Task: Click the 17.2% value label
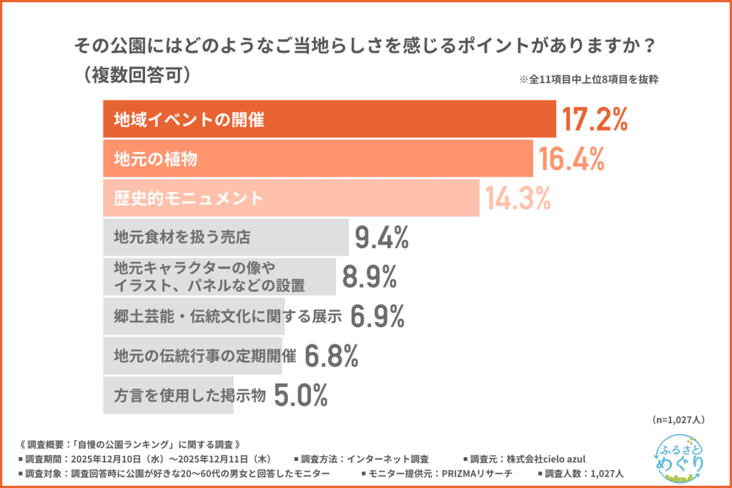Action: pos(594,120)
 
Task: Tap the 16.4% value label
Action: pos(572,159)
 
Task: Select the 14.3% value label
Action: pos(518,198)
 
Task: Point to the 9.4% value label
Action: pos(382,237)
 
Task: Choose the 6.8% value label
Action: pos(331,355)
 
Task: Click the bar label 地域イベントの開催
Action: pos(189,120)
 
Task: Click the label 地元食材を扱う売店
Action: pos(182,236)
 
